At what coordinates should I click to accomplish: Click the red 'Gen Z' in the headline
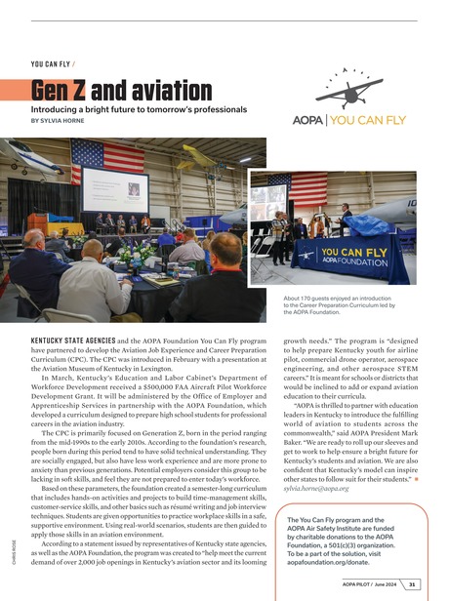coord(60,93)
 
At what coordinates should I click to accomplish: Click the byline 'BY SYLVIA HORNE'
coord(65,121)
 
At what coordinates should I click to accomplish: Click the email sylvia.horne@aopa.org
coord(322,486)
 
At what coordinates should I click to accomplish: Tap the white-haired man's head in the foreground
coord(35,239)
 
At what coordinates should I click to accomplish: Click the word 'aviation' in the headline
coord(161,93)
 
